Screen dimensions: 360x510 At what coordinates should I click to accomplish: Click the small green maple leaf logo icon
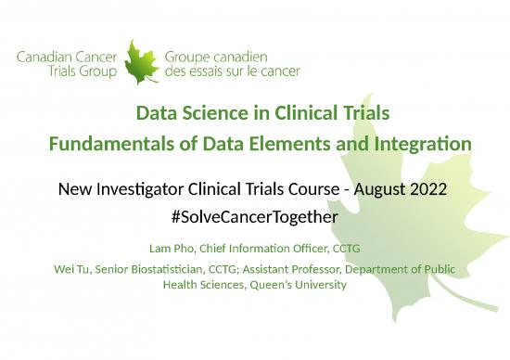pos(141,61)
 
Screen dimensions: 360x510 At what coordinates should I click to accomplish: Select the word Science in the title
pos(214,114)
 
